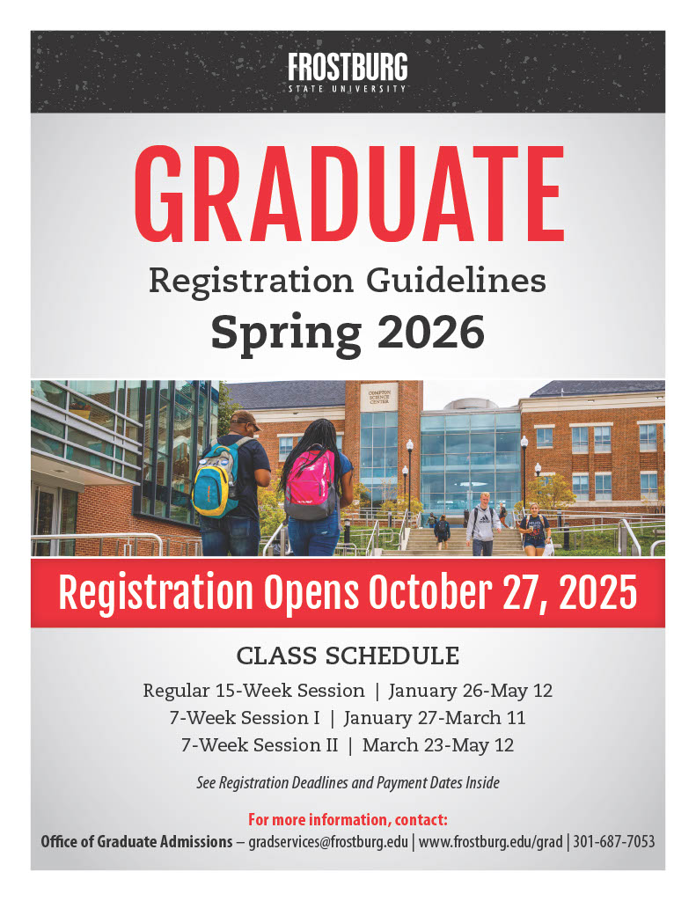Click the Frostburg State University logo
pyautogui.click(x=348, y=72)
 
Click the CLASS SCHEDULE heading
pyautogui.click(x=348, y=656)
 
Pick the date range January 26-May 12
pyautogui.click(x=470, y=691)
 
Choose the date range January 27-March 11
pyautogui.click(x=434, y=718)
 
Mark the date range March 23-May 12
pyautogui.click(x=437, y=745)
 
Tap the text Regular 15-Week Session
pyautogui.click(x=253, y=691)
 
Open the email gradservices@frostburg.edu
pyautogui.click(x=328, y=842)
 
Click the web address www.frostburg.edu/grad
pyautogui.click(x=490, y=842)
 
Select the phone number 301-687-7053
pyautogui.click(x=614, y=842)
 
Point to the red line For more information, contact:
pyautogui.click(x=348, y=820)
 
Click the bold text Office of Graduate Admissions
pyautogui.click(x=136, y=842)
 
